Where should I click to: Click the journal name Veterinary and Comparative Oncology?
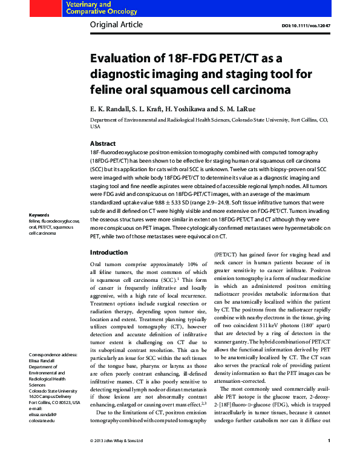click(x=89, y=8)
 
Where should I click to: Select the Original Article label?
click(x=116, y=25)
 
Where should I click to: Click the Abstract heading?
click(x=103, y=143)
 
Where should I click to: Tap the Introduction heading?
click(x=109, y=252)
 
